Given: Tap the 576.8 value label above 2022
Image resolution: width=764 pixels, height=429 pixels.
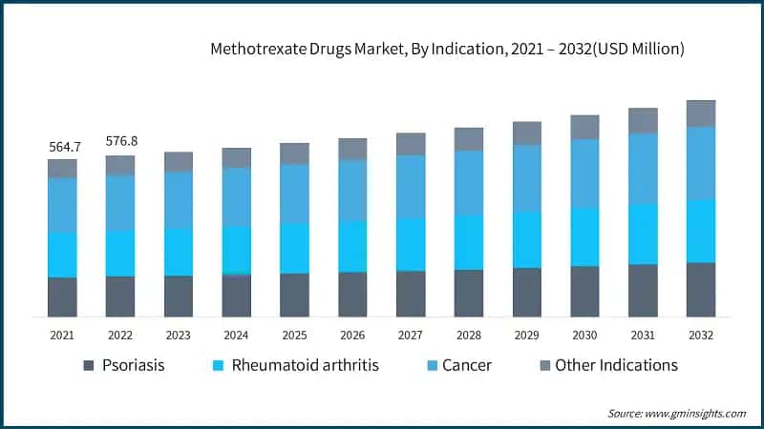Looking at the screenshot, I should pyautogui.click(x=120, y=141).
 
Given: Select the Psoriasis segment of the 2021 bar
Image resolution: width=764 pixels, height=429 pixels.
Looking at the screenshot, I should pyautogui.click(x=62, y=296).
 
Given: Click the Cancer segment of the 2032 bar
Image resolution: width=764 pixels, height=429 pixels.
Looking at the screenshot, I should pyautogui.click(x=701, y=163).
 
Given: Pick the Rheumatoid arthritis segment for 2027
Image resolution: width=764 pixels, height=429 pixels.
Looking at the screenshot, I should pyautogui.click(x=411, y=244).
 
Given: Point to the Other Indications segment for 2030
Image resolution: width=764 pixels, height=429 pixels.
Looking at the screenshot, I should pyautogui.click(x=584, y=128).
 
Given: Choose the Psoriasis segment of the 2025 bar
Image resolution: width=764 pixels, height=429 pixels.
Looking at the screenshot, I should pyautogui.click(x=294, y=295).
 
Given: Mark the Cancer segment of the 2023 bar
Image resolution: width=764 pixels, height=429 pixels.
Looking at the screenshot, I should pyautogui.click(x=179, y=199).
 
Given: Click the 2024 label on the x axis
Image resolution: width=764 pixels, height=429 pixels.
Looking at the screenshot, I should pyautogui.click(x=236, y=336).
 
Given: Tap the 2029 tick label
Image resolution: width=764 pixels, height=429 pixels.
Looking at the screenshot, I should pyautogui.click(x=526, y=336).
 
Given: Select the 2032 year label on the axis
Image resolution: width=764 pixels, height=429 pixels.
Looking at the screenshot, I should pyautogui.click(x=701, y=336).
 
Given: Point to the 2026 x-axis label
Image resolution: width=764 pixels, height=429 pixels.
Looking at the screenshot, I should pyautogui.click(x=352, y=336).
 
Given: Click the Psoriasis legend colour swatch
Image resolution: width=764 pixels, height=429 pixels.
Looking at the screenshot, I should pyautogui.click(x=89, y=365).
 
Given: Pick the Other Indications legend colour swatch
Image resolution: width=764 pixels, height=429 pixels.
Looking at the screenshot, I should pyautogui.click(x=545, y=365).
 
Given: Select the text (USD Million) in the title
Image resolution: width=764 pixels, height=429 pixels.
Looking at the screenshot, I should pyautogui.click(x=635, y=48).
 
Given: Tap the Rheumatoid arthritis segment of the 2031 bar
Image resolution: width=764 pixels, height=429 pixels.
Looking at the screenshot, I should pyautogui.click(x=643, y=234).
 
